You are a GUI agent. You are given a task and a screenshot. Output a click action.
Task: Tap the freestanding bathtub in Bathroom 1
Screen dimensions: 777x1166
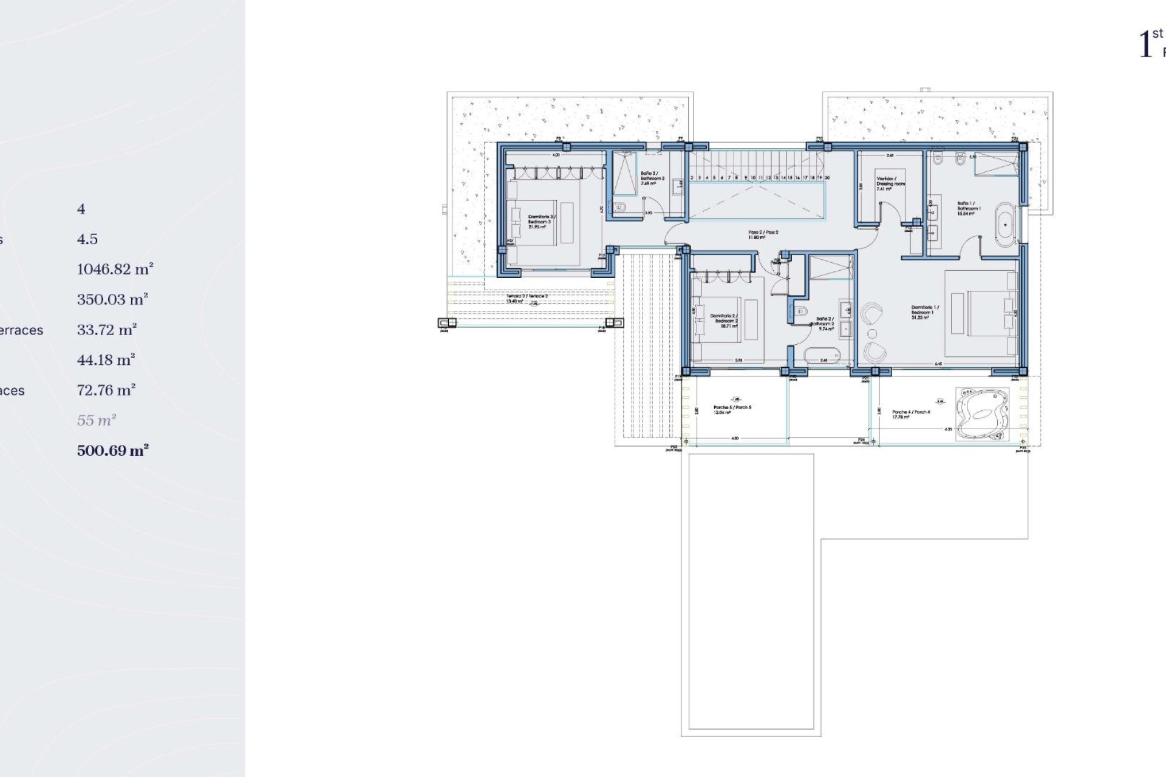pyautogui.click(x=1006, y=225)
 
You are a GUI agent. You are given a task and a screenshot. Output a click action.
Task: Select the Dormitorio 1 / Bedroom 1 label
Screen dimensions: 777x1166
pyautogui.click(x=925, y=312)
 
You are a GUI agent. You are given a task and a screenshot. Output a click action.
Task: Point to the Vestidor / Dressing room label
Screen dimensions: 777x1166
pyautogui.click(x=890, y=184)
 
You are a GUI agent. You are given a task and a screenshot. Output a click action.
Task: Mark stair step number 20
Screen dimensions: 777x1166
pyautogui.click(x=827, y=178)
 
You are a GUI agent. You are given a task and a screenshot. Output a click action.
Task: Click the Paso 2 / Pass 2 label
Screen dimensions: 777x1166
pyautogui.click(x=763, y=234)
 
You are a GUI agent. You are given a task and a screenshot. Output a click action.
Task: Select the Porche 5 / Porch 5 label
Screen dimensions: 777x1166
pyautogui.click(x=732, y=409)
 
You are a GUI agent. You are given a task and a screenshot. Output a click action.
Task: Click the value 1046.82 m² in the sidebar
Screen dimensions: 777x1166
pyautogui.click(x=115, y=269)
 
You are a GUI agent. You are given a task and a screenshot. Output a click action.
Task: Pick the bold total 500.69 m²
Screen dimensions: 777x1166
pyautogui.click(x=113, y=450)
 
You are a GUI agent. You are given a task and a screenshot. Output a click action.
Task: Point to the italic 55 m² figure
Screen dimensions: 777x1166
pyautogui.click(x=97, y=420)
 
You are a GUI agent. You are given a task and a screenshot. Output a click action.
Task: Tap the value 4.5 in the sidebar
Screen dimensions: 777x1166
pyautogui.click(x=87, y=239)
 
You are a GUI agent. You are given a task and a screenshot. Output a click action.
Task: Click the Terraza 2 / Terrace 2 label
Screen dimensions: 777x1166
pyautogui.click(x=527, y=298)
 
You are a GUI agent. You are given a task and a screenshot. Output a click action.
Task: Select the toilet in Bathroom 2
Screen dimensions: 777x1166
pyautogui.click(x=800, y=312)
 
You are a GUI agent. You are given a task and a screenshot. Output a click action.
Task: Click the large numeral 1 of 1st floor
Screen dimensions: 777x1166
pyautogui.click(x=1145, y=45)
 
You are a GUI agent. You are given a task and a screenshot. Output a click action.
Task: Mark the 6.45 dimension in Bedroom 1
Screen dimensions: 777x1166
pyautogui.click(x=938, y=364)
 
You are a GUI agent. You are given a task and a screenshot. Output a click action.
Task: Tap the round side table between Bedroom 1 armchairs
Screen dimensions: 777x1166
pyautogui.click(x=873, y=334)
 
